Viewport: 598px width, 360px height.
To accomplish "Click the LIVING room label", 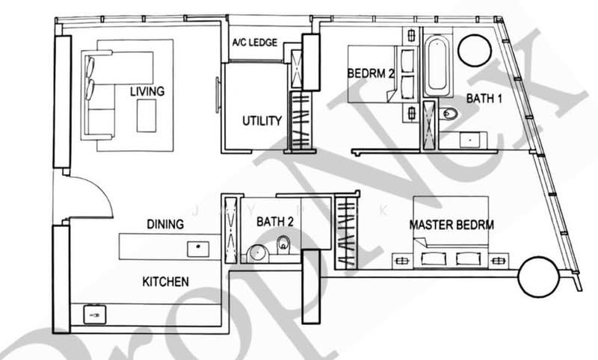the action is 147,91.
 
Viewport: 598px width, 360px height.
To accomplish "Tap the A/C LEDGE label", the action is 255,43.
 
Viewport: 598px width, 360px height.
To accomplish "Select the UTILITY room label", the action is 262,121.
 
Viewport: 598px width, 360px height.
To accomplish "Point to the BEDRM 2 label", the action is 370,72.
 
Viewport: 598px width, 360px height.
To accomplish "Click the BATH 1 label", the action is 484,99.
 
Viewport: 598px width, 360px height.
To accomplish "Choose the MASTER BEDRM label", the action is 451,225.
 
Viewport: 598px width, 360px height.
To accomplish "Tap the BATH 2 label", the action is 275,221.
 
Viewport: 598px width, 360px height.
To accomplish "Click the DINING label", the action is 165,224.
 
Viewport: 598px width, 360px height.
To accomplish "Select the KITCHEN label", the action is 165,282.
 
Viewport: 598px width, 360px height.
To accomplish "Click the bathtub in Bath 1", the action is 437,66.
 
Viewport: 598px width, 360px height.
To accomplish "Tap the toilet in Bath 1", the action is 448,113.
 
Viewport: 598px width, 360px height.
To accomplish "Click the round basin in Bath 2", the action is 258,254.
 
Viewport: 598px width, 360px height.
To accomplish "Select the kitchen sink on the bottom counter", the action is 95,314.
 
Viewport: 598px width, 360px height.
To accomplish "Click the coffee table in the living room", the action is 147,116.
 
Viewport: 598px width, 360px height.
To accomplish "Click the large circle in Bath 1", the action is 475,50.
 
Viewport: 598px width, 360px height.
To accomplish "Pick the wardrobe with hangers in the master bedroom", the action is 347,232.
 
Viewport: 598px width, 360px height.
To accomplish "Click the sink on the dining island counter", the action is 198,249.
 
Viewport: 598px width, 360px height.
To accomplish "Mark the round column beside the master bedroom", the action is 539,277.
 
